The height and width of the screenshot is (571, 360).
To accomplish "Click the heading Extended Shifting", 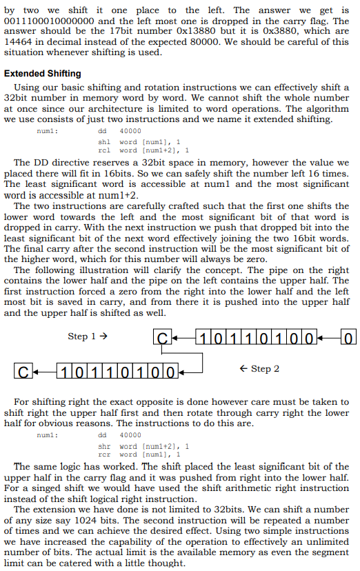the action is click(x=43, y=74).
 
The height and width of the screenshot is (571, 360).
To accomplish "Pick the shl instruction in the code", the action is click(x=105, y=141).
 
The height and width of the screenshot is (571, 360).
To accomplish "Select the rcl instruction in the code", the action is click(x=105, y=150).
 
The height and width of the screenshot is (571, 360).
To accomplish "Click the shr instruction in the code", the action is click(x=105, y=446).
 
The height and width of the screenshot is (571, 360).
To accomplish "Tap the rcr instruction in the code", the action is click(x=105, y=454).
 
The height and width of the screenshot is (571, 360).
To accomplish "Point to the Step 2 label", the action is click(x=259, y=369).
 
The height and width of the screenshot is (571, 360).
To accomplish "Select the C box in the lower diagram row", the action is click(x=23, y=373).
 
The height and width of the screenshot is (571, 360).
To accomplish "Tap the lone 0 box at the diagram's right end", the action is click(x=349, y=339).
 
